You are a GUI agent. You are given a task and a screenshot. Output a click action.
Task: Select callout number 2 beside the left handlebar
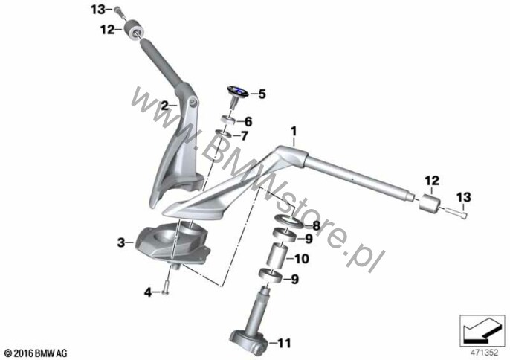(165, 106)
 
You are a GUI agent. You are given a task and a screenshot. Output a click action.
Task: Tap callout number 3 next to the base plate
(120, 242)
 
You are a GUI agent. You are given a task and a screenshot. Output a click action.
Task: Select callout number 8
(315, 225)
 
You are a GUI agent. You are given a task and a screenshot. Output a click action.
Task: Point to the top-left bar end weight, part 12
(134, 31)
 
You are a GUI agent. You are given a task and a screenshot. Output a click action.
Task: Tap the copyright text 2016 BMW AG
(36, 352)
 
